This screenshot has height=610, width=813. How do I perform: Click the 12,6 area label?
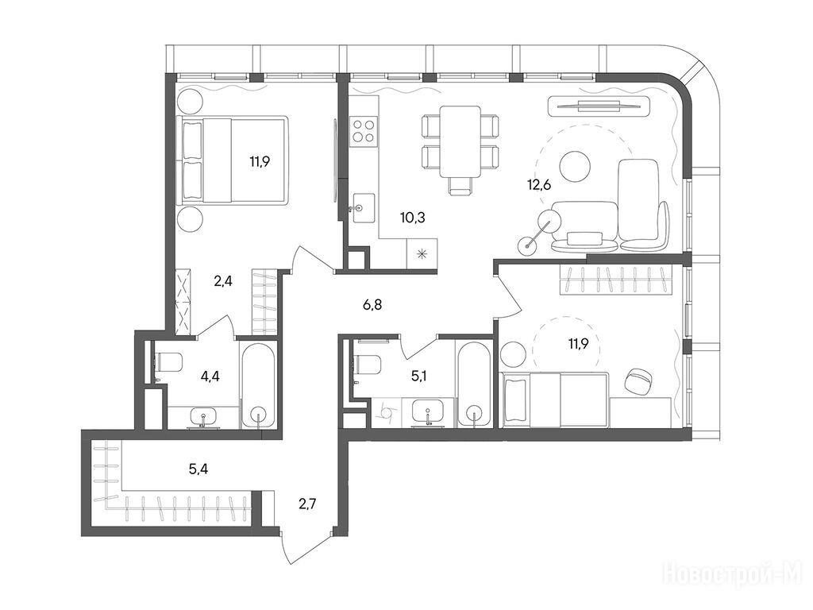(539, 184)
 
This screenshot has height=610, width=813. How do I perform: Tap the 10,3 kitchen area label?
(413, 218)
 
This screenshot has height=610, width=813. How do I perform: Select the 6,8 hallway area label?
(372, 305)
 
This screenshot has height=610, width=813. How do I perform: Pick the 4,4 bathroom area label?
(210, 376)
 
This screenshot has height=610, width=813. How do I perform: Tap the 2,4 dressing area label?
(223, 281)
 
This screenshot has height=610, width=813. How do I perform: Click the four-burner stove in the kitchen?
(364, 130)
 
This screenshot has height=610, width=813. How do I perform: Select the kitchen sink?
(364, 208)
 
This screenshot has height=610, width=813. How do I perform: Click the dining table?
(460, 141)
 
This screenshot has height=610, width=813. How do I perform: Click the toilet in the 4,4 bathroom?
(168, 362)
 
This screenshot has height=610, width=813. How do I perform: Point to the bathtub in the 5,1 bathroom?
(474, 384)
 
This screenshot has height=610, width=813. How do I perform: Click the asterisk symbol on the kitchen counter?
(422, 253)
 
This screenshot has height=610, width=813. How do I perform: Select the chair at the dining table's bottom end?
(460, 186)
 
